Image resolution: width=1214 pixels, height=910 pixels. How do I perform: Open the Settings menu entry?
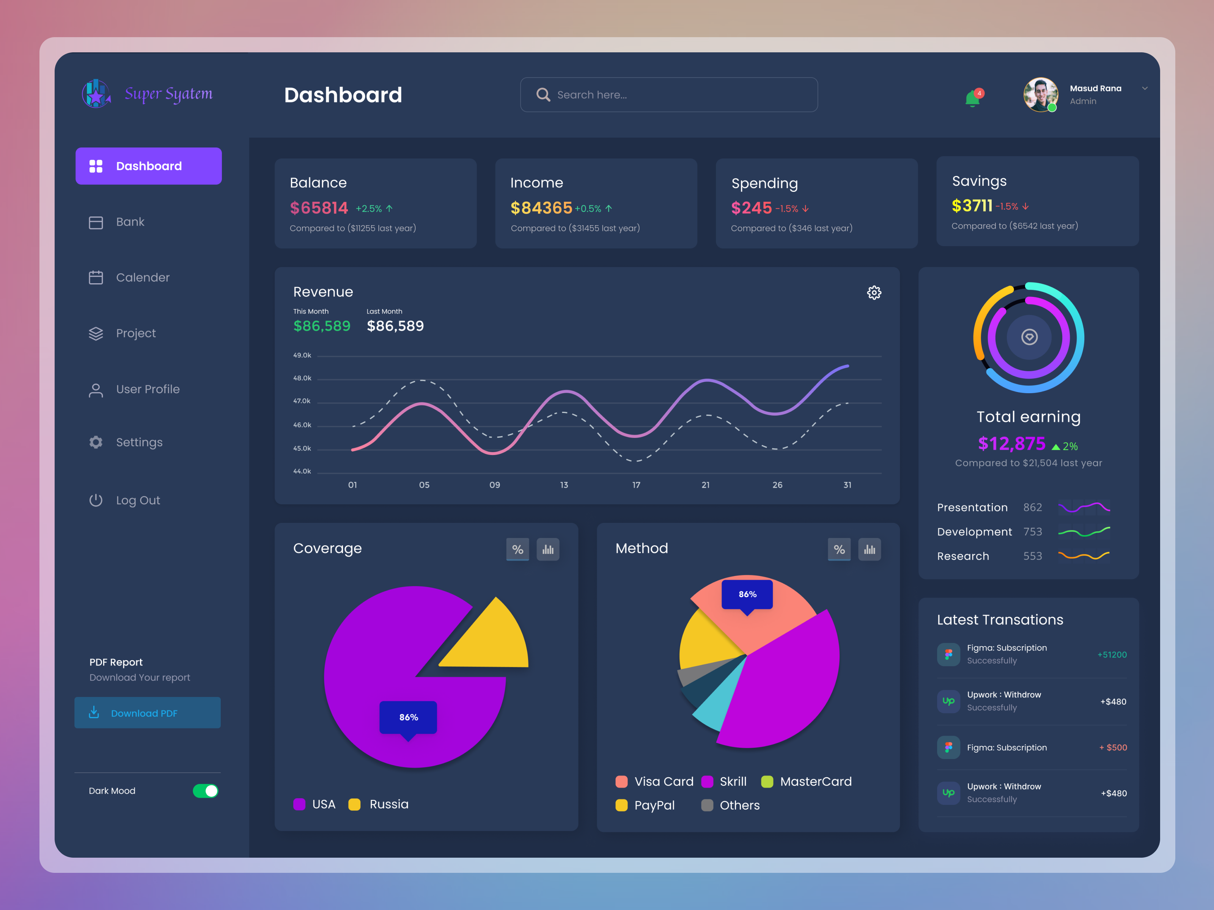coord(138,442)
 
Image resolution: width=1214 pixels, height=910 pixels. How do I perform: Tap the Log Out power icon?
coord(96,500)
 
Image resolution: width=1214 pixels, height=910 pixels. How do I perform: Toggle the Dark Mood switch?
coord(205,791)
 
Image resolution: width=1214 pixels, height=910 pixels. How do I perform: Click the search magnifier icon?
coord(543,95)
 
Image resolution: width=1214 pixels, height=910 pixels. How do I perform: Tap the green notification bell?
coord(972,99)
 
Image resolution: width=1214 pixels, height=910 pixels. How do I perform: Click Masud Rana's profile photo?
coord(1040,94)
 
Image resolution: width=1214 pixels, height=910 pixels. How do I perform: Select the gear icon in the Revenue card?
coord(874,292)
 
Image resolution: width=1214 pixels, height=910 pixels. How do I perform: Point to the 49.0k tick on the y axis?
coord(302,355)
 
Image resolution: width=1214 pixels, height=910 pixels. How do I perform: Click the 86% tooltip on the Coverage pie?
coord(408,717)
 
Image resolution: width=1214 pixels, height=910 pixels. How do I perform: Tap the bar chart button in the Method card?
coord(870,549)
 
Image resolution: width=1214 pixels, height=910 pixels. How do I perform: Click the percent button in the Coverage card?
coord(517,549)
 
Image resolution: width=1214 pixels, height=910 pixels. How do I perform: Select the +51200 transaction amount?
coord(1111,654)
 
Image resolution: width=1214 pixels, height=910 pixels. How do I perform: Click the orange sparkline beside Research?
coord(1083,555)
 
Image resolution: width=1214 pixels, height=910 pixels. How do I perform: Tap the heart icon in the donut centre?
coord(1029,337)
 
